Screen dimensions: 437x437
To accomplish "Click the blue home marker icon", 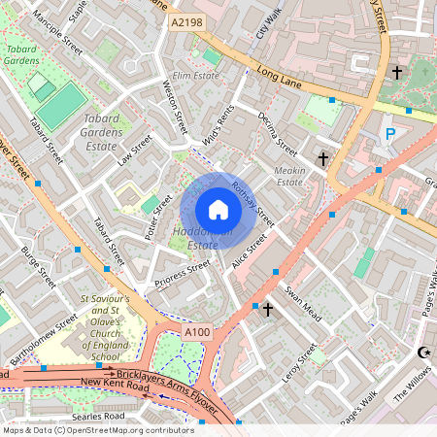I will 218,210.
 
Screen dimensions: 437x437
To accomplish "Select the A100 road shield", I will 197,332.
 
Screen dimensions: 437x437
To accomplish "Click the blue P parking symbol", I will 390,135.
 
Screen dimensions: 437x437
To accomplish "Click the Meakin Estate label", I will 296,176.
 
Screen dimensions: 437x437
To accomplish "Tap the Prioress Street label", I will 183,274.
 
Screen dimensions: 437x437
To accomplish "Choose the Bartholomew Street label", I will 40,332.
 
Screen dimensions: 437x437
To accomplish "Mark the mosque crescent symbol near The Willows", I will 422,352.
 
